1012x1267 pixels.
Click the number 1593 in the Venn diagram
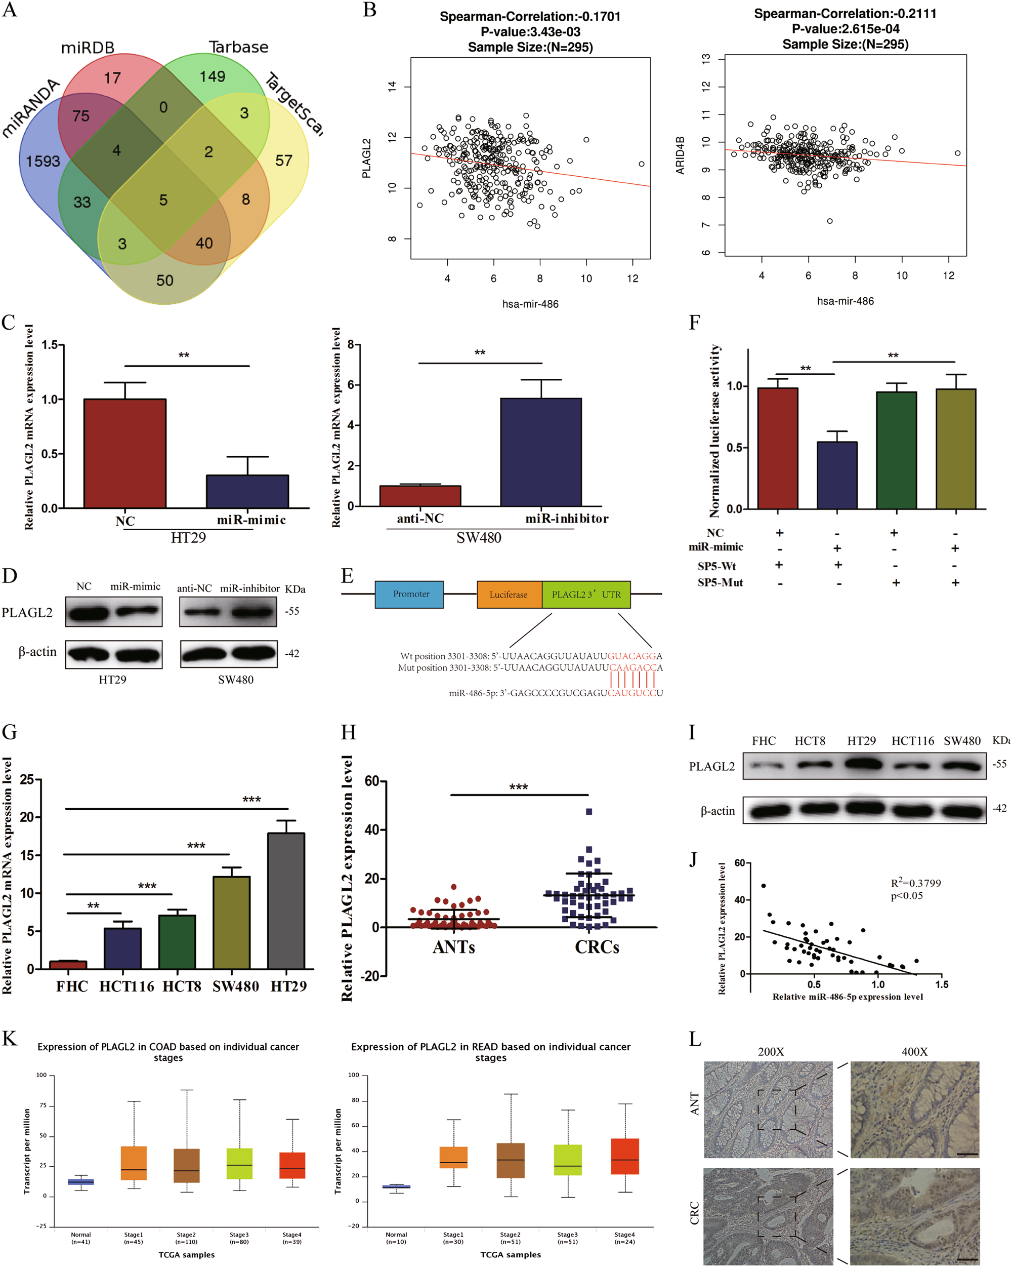(43, 161)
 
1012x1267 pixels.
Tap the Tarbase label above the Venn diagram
(238, 47)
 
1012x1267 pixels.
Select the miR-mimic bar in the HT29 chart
(247, 491)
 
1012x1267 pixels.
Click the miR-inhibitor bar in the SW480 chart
(541, 451)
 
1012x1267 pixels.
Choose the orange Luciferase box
(509, 594)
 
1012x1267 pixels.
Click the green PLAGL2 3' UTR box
(586, 594)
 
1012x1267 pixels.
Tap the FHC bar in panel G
(68, 964)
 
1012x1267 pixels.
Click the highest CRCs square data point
(589, 812)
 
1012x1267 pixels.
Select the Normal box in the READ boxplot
(397, 1186)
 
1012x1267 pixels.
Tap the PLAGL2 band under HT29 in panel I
(863, 764)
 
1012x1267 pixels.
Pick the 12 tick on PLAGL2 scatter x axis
(632, 279)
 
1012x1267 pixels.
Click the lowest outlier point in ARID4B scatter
(830, 221)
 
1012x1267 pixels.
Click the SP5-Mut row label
(720, 582)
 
